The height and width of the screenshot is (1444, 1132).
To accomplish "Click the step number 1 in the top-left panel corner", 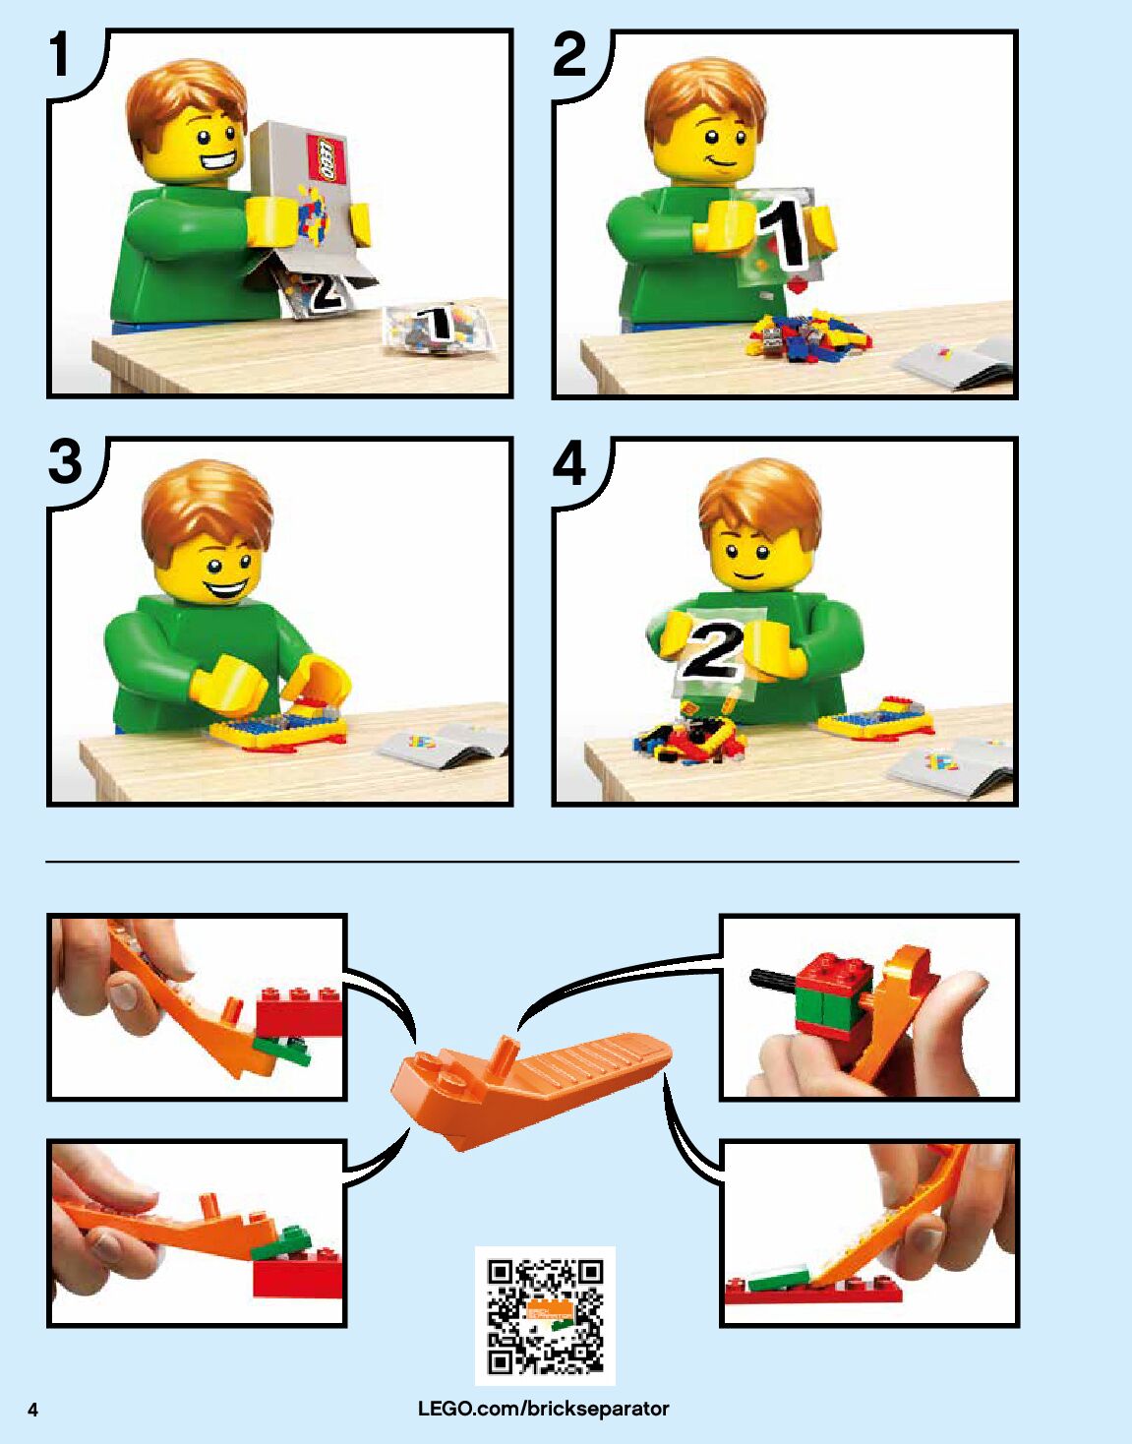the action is (61, 55).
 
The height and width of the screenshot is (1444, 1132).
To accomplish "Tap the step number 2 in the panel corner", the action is (570, 55).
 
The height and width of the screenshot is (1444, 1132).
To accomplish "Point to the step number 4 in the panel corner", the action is (570, 465).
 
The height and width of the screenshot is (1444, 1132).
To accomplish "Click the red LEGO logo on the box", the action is (325, 158).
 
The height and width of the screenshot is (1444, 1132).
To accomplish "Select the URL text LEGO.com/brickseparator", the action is (544, 1408).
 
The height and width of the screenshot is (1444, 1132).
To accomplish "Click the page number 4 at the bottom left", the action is (33, 1411).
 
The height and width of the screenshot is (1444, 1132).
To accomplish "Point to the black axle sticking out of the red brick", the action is (773, 980).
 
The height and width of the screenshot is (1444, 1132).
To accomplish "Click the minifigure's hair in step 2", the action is (704, 99).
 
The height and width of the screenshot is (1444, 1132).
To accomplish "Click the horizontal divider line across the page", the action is (532, 862).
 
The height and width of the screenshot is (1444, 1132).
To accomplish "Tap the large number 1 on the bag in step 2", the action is (784, 237).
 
